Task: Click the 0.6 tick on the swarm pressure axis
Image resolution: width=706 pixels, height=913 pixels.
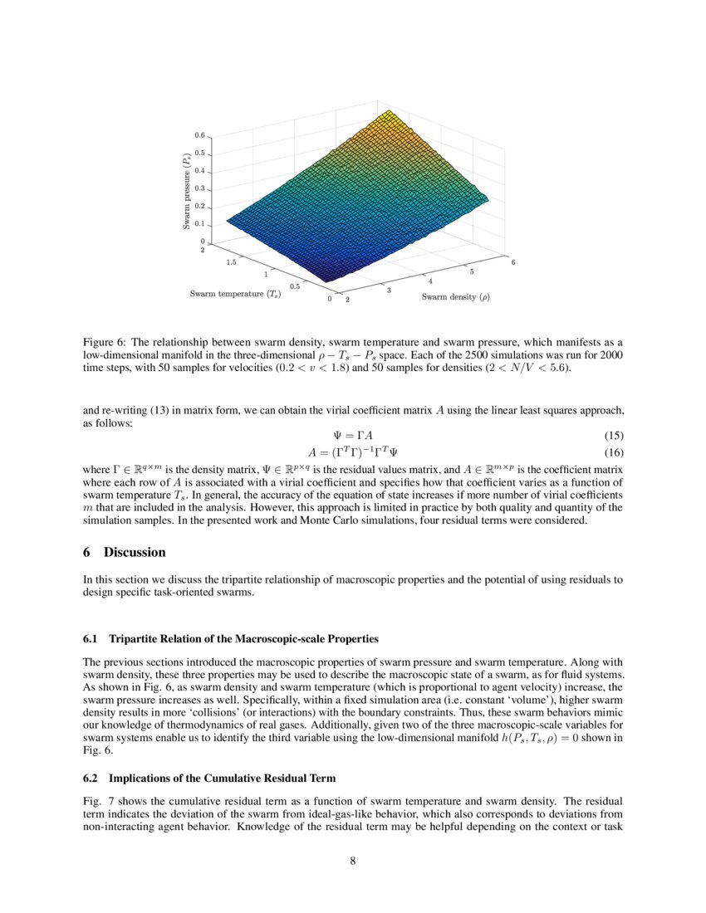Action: [199, 134]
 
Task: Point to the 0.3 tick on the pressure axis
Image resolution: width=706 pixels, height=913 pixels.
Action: [199, 188]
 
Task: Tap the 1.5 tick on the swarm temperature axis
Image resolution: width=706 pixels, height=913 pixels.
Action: [230, 261]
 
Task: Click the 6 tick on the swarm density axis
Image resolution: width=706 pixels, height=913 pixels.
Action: [513, 262]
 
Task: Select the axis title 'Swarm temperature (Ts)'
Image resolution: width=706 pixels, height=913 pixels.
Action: [235, 293]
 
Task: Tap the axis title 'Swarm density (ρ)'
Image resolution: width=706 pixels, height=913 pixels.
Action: [455, 296]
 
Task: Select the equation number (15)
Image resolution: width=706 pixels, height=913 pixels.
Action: [614, 436]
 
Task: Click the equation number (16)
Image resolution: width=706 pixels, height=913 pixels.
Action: [614, 452]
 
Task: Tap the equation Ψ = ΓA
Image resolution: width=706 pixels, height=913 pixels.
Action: [352, 436]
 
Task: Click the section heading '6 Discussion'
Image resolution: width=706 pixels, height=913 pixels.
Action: [125, 552]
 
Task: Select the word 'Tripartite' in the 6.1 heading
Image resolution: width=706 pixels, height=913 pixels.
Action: [133, 638]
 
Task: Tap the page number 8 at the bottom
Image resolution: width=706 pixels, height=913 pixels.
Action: [353, 861]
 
